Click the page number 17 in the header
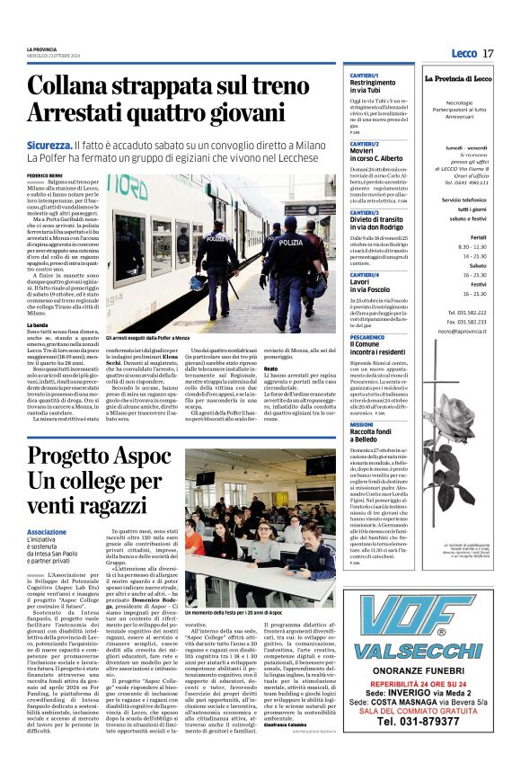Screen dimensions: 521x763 click(x=488, y=54)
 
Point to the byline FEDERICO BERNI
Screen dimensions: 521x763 click(x=44, y=174)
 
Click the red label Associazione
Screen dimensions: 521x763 click(x=47, y=532)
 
